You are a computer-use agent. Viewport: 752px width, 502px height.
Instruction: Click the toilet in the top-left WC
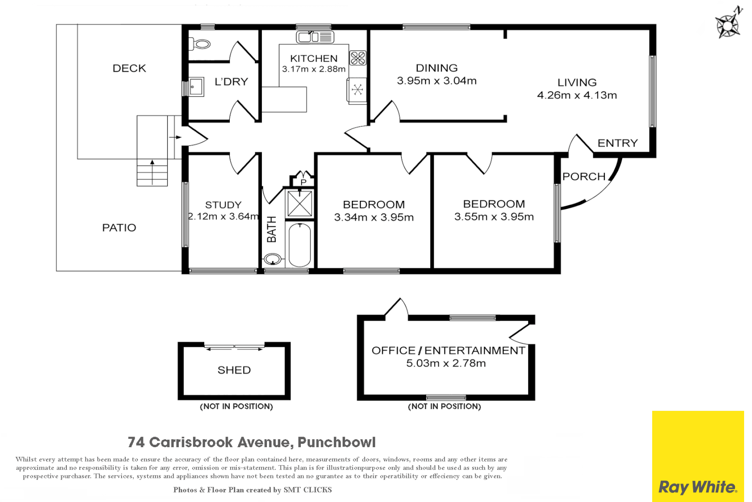(201, 45)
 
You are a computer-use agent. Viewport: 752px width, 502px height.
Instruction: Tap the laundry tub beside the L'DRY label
(196, 87)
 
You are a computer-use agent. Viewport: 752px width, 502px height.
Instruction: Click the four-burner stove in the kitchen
(358, 58)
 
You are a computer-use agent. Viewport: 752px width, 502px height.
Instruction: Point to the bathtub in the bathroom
(300, 245)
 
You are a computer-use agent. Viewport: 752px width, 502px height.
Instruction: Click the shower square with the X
(300, 204)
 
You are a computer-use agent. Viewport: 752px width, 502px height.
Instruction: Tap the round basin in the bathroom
(272, 259)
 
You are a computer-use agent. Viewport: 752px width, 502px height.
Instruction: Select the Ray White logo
(698, 487)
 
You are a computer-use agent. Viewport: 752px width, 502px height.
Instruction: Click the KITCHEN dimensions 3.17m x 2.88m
(314, 69)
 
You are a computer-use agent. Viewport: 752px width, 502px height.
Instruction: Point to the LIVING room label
(577, 83)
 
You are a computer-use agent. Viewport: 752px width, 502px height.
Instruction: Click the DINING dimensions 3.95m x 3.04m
(437, 81)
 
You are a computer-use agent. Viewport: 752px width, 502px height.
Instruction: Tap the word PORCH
(584, 177)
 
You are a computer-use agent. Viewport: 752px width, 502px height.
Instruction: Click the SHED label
(234, 370)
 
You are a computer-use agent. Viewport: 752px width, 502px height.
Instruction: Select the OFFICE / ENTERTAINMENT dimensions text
(446, 363)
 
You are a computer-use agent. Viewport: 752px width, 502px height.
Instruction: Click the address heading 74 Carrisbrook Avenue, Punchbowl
(252, 442)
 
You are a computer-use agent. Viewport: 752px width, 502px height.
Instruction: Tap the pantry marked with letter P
(303, 181)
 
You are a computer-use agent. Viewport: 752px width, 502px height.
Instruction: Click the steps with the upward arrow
(152, 172)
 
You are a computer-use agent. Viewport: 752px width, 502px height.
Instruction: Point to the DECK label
(129, 68)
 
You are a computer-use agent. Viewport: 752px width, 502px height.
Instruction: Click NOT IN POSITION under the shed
(236, 406)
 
